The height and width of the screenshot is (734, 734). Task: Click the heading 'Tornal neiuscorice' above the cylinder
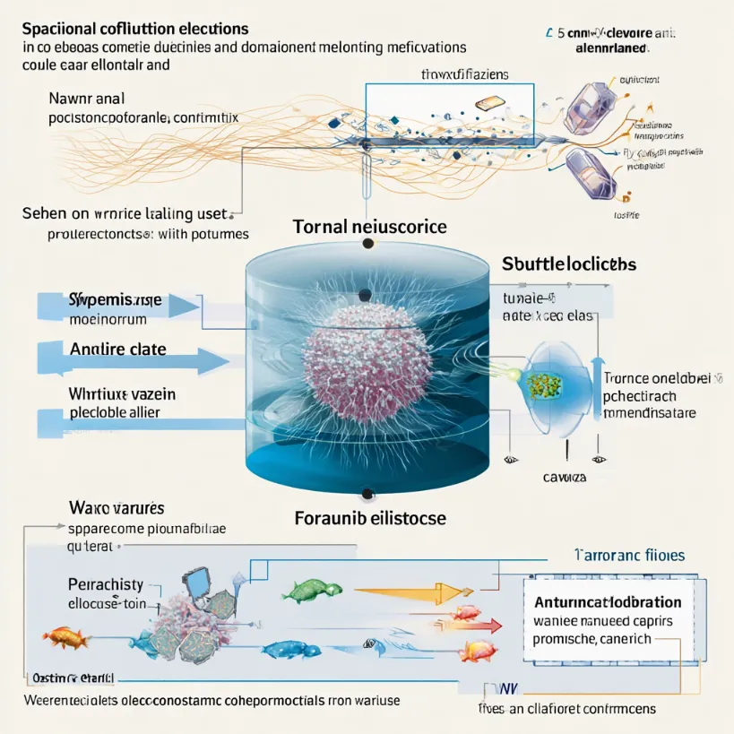click(x=369, y=227)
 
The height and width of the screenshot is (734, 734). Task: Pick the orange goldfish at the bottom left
click(x=66, y=637)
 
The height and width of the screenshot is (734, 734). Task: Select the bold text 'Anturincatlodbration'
click(x=608, y=602)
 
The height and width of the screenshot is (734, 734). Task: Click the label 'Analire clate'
click(x=117, y=349)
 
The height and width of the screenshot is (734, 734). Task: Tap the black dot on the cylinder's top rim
click(x=364, y=295)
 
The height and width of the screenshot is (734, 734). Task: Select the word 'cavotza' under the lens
click(x=565, y=477)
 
